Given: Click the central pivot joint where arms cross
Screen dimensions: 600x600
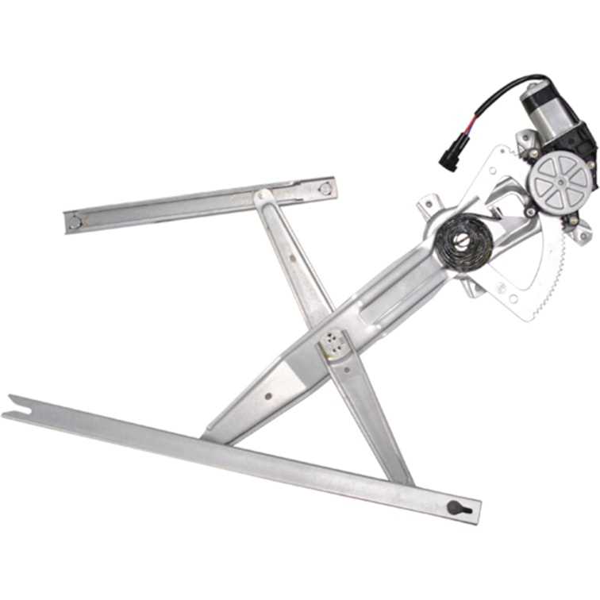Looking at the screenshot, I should (333, 343).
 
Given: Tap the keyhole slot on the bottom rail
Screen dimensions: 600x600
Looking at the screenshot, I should (458, 506).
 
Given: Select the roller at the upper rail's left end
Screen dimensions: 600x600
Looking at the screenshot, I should (74, 221).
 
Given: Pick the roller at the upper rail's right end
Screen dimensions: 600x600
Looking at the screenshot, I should (324, 190).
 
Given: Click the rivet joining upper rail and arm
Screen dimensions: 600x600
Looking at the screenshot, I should (261, 196).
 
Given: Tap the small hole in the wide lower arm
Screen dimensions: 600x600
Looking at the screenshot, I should (267, 395).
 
